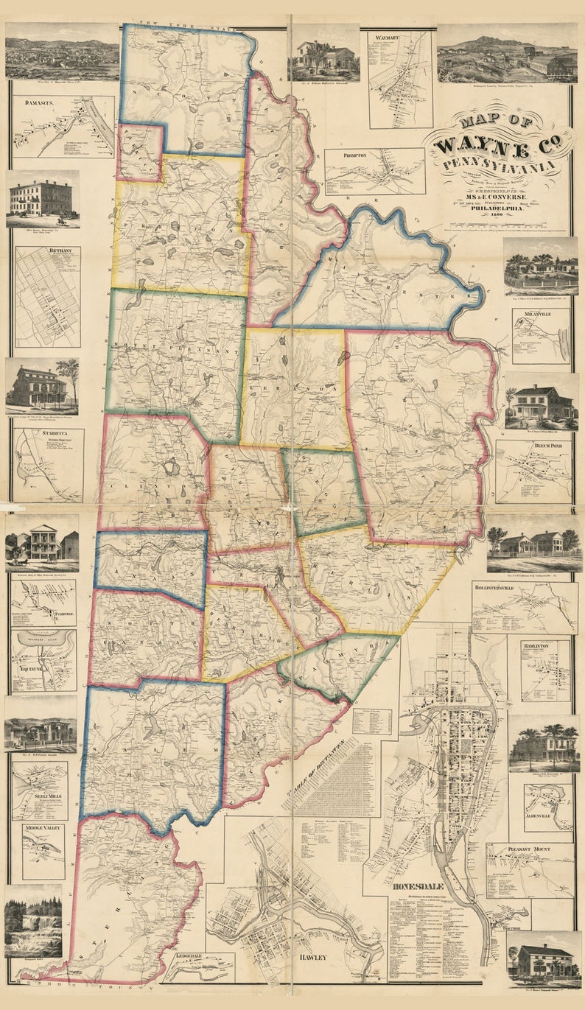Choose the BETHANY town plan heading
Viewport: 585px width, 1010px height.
pos(40,251)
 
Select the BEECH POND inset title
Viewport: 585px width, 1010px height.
pos(531,446)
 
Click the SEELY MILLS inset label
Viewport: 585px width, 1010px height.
pos(40,795)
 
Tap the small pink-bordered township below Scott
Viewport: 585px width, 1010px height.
pos(140,152)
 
